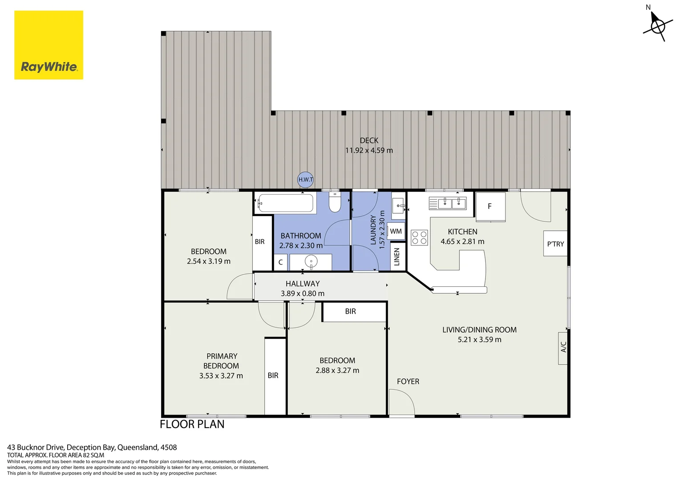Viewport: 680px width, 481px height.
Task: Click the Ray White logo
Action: (49, 45)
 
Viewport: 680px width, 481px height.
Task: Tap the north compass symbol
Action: (657, 26)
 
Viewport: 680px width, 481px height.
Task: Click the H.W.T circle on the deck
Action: (305, 179)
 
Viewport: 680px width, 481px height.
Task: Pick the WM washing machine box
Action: (396, 231)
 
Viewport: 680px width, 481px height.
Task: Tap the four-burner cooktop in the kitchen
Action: (419, 237)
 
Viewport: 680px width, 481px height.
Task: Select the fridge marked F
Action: (490, 206)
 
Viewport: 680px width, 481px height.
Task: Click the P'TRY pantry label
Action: (555, 244)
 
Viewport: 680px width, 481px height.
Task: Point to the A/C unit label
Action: (563, 348)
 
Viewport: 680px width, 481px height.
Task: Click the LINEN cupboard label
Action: (397, 257)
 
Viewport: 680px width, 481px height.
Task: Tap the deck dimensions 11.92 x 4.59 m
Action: (369, 151)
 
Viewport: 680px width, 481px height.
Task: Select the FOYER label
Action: (408, 382)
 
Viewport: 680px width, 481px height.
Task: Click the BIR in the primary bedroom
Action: (273, 375)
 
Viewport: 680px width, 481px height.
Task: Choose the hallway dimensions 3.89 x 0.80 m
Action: (303, 293)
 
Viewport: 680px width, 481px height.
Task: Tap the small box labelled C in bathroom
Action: (280, 262)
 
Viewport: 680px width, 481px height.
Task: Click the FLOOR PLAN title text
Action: (192, 424)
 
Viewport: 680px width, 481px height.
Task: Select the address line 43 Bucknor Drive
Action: (92, 447)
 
